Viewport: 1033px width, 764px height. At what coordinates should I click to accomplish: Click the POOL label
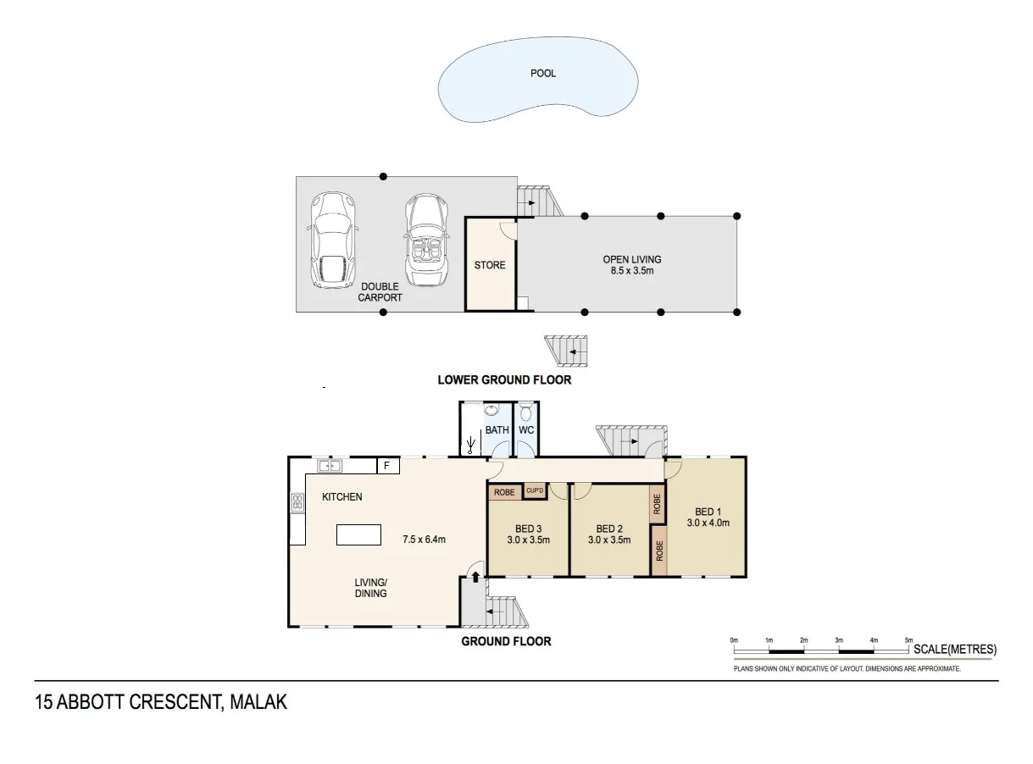point(543,74)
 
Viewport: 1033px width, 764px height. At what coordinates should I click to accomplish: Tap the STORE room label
point(490,265)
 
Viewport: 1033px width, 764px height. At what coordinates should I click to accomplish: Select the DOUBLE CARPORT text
point(380,292)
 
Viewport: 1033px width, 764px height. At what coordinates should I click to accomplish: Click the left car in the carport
point(331,240)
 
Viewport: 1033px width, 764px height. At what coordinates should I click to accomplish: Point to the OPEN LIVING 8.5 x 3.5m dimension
point(631,271)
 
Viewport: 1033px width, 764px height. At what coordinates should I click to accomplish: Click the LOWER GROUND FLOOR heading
point(504,379)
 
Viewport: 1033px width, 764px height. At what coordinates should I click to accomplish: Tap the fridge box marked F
point(387,466)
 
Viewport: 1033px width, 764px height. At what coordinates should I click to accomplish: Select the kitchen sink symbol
point(329,465)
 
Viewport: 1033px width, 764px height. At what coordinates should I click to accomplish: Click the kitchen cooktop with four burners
point(297,502)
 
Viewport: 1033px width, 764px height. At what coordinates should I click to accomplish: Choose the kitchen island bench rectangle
point(359,534)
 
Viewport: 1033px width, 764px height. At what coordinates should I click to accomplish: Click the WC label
point(526,430)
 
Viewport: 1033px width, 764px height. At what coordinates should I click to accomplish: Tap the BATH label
point(497,430)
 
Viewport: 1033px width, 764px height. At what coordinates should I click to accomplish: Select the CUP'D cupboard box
point(535,491)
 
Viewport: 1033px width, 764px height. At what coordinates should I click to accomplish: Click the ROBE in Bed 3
point(505,492)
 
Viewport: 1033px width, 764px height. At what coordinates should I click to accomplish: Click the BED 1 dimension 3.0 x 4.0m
point(708,523)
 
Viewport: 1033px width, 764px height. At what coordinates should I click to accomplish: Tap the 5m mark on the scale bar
point(908,640)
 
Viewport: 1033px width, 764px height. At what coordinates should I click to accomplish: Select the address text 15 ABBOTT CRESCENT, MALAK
point(161,702)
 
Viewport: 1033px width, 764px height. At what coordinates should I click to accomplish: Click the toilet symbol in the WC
point(526,413)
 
